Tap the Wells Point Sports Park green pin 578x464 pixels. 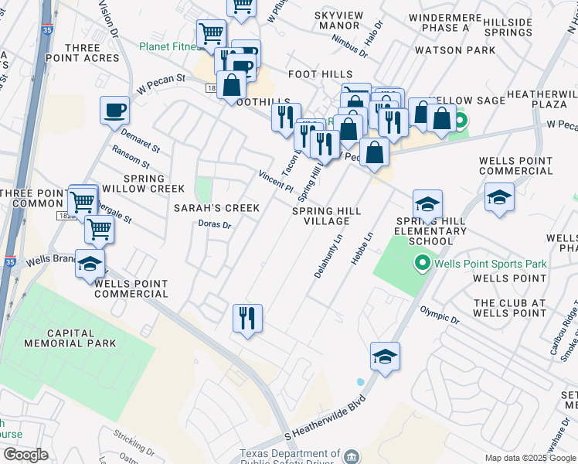(421, 264)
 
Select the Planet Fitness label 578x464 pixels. (169, 46)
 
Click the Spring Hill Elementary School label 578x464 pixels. (431, 231)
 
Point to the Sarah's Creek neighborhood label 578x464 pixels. (216, 208)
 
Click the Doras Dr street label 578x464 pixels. (216, 224)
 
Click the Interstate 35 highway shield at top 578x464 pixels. (47, 29)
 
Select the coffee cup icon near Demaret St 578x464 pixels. (114, 110)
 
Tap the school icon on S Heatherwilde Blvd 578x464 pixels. (385, 356)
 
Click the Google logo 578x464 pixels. (25, 455)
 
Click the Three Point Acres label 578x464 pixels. (93, 53)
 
